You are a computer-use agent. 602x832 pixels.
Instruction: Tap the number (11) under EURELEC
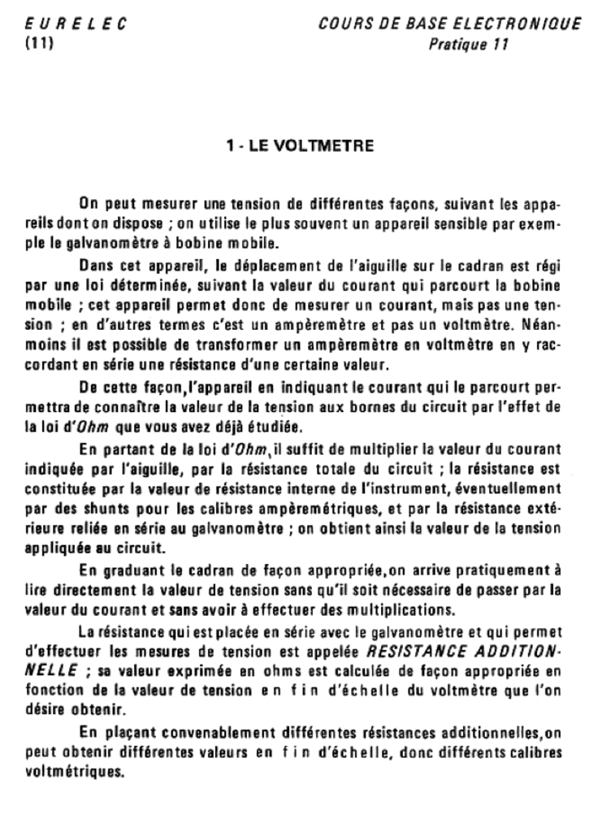click(39, 44)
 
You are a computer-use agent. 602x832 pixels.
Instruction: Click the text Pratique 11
click(468, 45)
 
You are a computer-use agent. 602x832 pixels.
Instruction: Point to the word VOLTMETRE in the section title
click(323, 146)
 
